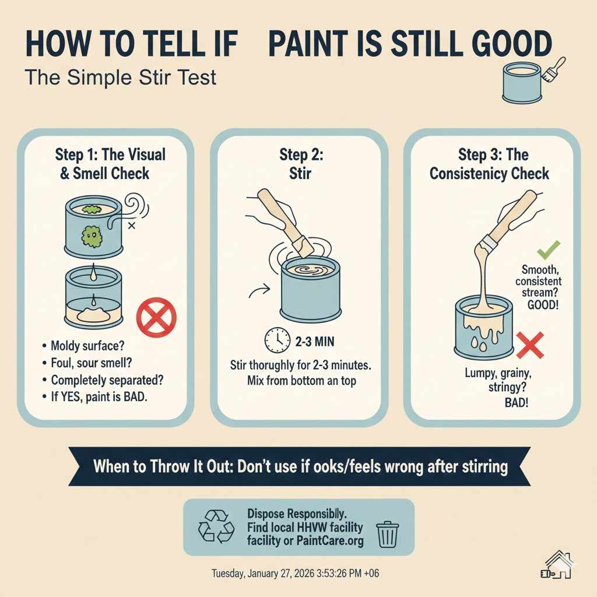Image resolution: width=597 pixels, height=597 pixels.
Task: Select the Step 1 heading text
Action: [110, 164]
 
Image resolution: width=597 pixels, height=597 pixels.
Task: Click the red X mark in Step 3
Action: [530, 345]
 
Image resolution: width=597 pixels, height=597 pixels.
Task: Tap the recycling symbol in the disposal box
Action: [215, 526]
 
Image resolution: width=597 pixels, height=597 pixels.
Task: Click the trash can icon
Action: [388, 533]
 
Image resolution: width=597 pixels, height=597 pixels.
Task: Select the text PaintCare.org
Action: [330, 541]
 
